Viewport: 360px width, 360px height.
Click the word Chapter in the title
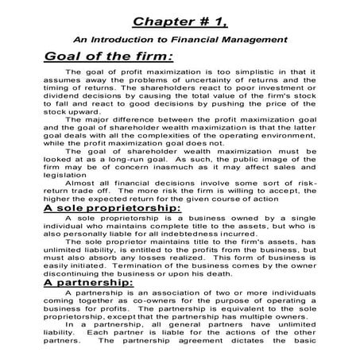click(x=160, y=17)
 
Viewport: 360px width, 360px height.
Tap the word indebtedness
click(x=192, y=234)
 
